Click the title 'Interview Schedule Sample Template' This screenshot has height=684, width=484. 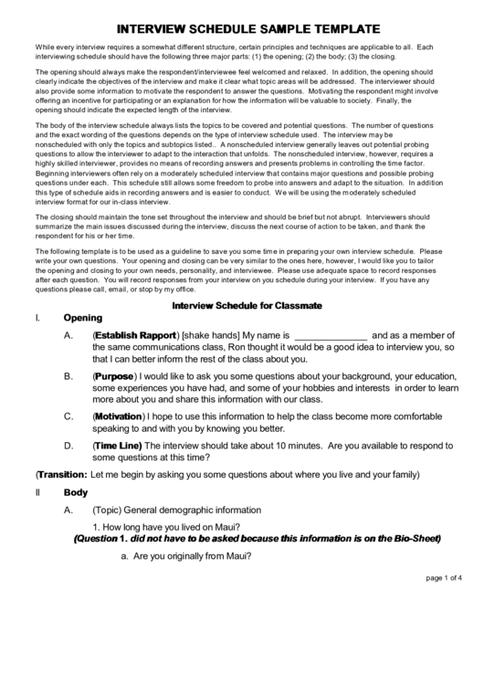coord(242,27)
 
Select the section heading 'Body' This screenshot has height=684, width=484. coord(75,492)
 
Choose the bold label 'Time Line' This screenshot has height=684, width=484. coord(118,445)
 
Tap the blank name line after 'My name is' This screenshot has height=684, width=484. coord(331,336)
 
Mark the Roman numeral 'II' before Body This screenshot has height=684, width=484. coord(37,492)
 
